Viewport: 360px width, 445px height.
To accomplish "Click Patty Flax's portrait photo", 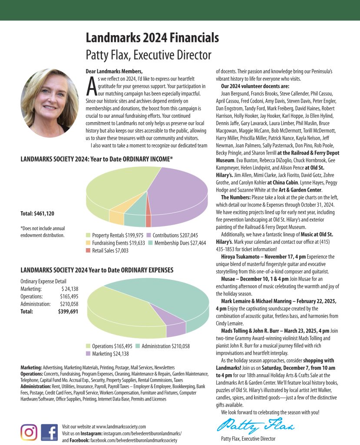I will (49, 103).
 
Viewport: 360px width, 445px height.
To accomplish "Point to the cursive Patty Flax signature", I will (255, 423).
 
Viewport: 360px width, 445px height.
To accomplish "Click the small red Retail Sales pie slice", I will (149, 220).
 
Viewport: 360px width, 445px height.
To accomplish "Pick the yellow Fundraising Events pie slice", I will (116, 215).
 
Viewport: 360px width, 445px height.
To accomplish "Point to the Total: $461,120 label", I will (37, 213).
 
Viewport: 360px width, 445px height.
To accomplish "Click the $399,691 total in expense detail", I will (68, 312).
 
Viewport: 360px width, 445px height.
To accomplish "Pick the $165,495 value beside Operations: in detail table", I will (69, 296).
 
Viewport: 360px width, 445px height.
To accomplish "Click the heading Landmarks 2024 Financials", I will (152, 38).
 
